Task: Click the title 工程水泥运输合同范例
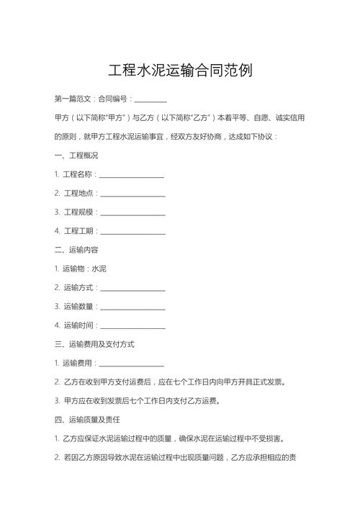(180, 71)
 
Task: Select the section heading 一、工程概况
(76, 155)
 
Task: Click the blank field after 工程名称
(131, 174)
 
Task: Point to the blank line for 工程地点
(132, 193)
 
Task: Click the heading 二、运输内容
(76, 249)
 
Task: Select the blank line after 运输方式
(132, 287)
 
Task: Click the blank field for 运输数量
(132, 306)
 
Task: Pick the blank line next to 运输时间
(132, 325)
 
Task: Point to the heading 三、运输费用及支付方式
(94, 344)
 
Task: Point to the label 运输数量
(78, 306)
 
